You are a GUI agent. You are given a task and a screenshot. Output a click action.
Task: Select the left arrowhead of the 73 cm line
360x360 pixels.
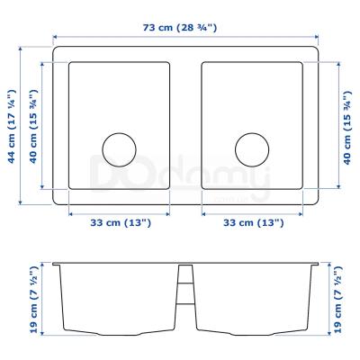click(x=55, y=38)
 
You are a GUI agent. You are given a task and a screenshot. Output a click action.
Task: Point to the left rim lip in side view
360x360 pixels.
click(x=56, y=265)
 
